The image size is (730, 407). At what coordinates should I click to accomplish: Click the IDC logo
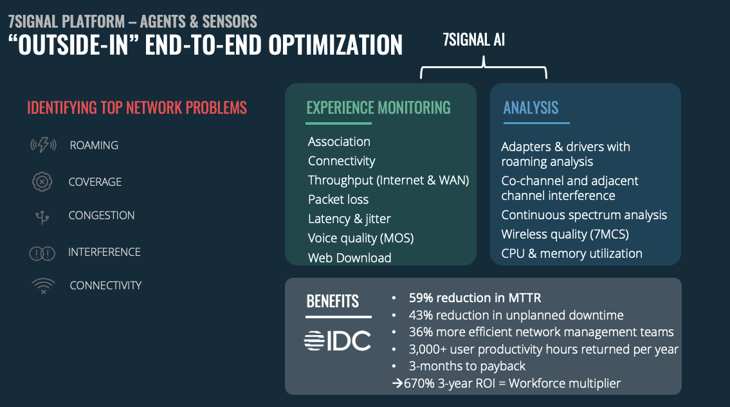click(338, 340)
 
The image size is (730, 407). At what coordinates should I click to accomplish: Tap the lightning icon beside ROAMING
click(43, 145)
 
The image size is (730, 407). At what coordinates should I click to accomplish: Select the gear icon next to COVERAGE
click(42, 181)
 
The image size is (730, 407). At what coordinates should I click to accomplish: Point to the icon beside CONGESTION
click(42, 217)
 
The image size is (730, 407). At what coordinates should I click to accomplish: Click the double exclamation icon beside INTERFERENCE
click(42, 253)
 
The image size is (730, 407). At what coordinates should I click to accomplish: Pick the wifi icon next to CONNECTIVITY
click(43, 285)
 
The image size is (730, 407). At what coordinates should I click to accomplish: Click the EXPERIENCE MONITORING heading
click(378, 107)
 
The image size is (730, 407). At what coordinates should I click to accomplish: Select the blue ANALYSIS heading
click(531, 107)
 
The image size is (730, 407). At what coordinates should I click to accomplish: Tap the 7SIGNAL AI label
click(474, 40)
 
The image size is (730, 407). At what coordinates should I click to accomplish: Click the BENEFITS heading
click(333, 302)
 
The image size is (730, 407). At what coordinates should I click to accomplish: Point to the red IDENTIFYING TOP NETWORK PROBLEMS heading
click(137, 107)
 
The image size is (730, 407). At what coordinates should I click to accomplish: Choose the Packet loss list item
click(338, 199)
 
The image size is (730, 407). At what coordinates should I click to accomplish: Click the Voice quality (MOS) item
click(361, 239)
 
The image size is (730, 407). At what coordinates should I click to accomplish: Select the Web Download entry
click(350, 258)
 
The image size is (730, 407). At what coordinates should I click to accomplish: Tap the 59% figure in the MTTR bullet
click(421, 298)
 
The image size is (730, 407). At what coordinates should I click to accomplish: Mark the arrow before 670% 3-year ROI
click(397, 383)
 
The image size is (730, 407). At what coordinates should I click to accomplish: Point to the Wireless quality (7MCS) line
click(565, 234)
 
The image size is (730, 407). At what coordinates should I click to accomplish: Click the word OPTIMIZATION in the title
click(335, 45)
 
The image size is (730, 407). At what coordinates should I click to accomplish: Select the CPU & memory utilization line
click(572, 254)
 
